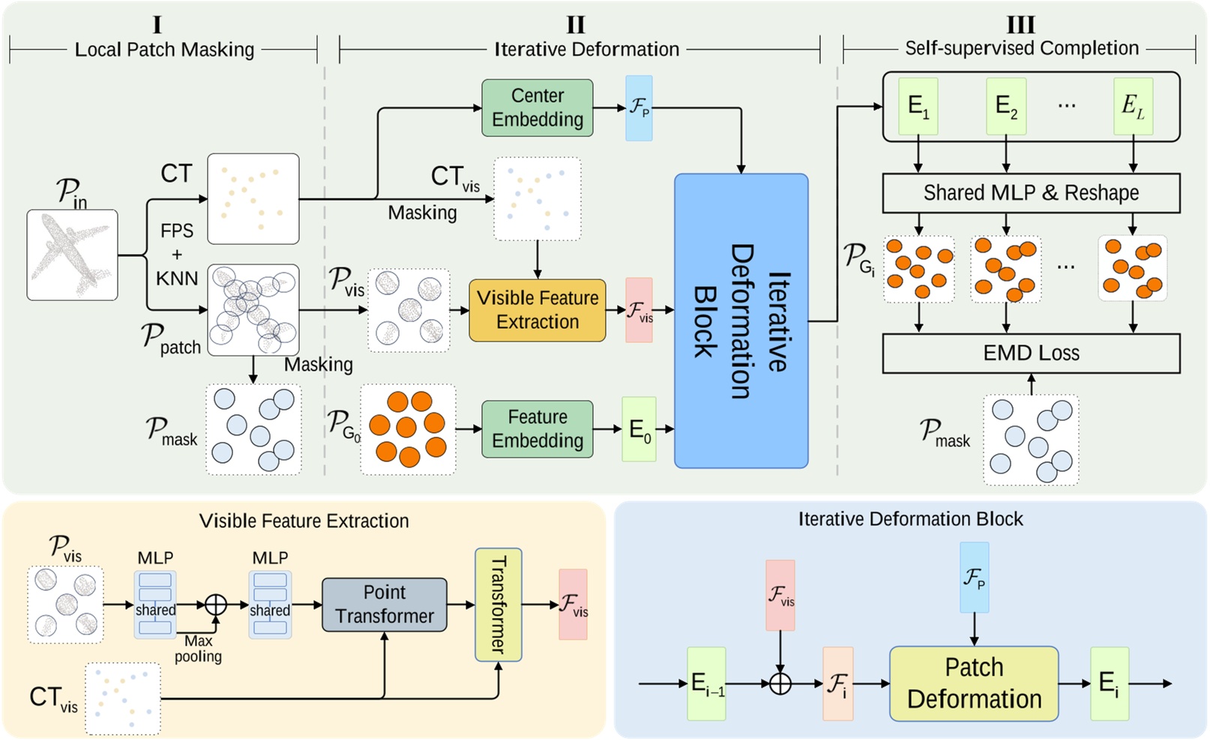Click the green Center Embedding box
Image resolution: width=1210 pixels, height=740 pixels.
pyautogui.click(x=537, y=108)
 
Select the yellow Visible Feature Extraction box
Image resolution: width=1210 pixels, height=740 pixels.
pyautogui.click(x=537, y=310)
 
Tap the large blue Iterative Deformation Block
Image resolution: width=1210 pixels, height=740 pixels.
pyautogui.click(x=741, y=321)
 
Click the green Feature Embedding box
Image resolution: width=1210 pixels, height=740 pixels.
pyautogui.click(x=537, y=429)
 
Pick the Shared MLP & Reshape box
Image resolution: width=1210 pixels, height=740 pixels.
pyautogui.click(x=1031, y=193)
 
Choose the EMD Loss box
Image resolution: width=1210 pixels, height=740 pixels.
pyautogui.click(x=1031, y=354)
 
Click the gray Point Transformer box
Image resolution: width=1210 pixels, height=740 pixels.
pyautogui.click(x=385, y=604)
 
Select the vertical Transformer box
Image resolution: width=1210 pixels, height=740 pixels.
pyautogui.click(x=498, y=604)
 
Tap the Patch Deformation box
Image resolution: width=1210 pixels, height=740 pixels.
pyautogui.click(x=974, y=683)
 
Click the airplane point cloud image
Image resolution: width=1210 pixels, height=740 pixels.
pyautogui.click(x=72, y=255)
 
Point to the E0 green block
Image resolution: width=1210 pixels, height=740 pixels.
pyautogui.click(x=639, y=429)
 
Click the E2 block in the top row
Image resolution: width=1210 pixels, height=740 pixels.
pyautogui.click(x=1005, y=107)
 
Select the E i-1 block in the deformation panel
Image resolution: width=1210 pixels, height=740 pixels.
pyautogui.click(x=706, y=683)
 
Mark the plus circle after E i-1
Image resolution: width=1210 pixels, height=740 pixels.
pyautogui.click(x=780, y=683)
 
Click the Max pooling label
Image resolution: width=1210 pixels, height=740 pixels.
pyautogui.click(x=198, y=649)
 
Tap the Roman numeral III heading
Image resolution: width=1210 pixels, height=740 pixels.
pyautogui.click(x=1020, y=25)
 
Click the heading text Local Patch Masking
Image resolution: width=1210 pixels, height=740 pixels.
pyautogui.click(x=164, y=50)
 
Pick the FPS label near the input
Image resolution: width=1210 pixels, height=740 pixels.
pyautogui.click(x=177, y=231)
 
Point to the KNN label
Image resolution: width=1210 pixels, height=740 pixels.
pyautogui.click(x=177, y=279)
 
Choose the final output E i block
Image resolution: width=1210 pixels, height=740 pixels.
pyautogui.click(x=1109, y=683)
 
